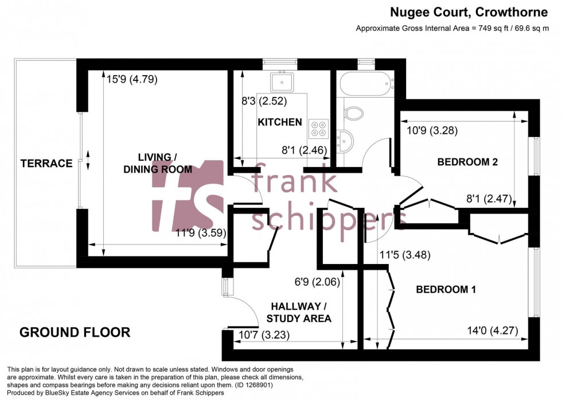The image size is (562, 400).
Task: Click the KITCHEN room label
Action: [279, 122]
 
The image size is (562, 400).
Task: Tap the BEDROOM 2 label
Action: [467, 162]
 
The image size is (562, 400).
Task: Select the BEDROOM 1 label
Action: [446, 290]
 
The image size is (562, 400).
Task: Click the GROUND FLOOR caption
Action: [75, 332]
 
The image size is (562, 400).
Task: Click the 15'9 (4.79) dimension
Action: [132, 79]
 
